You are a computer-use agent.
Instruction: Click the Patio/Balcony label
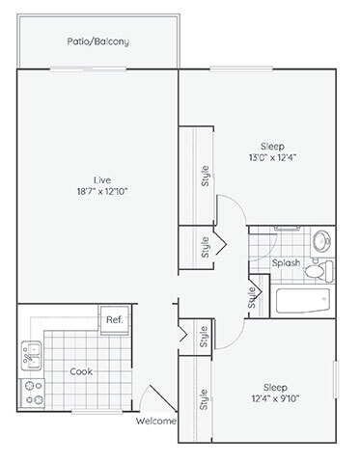97,42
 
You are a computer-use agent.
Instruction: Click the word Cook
81,369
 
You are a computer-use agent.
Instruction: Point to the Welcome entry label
156,422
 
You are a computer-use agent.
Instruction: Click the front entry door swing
148,397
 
